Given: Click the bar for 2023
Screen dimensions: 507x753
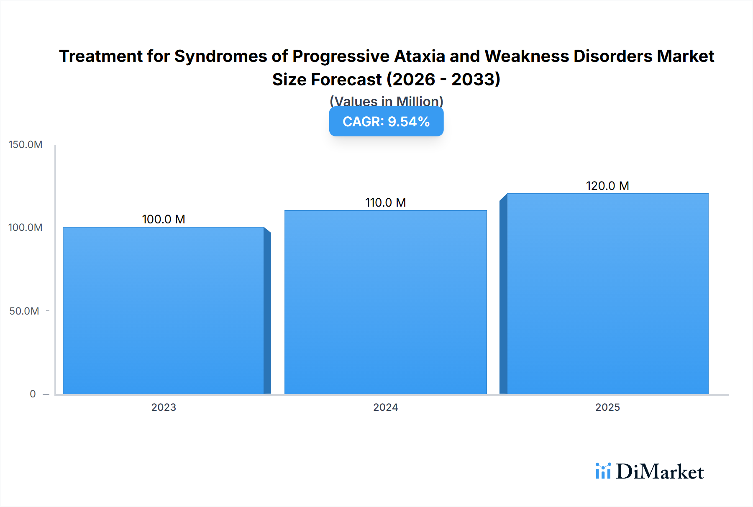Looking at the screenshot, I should click(163, 310).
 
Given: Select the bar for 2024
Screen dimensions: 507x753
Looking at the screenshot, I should click(385, 302).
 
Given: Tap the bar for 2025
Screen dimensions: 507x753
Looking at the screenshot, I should click(607, 294).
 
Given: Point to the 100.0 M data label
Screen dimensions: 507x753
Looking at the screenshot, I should click(163, 219).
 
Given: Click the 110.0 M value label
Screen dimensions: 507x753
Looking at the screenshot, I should click(385, 202).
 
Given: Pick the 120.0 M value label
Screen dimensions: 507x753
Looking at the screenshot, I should click(607, 186).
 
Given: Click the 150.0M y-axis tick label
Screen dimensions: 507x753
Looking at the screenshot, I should click(26, 145).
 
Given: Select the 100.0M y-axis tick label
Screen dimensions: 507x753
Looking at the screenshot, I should click(26, 228).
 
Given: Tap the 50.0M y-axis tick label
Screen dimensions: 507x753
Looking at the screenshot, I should click(24, 311).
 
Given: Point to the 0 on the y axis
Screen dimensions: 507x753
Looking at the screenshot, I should click(33, 394).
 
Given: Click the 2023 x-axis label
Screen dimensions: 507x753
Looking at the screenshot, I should click(164, 407).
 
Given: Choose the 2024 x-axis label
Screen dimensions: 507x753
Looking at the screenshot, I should click(385, 407).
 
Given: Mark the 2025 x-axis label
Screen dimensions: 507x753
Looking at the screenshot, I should click(607, 407).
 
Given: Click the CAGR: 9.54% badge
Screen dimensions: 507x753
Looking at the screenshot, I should click(386, 122).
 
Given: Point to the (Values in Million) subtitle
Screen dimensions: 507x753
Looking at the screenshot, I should click(386, 101).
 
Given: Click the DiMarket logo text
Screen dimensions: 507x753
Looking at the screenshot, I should click(660, 471).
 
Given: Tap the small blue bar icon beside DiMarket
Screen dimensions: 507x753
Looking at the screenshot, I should click(603, 471).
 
